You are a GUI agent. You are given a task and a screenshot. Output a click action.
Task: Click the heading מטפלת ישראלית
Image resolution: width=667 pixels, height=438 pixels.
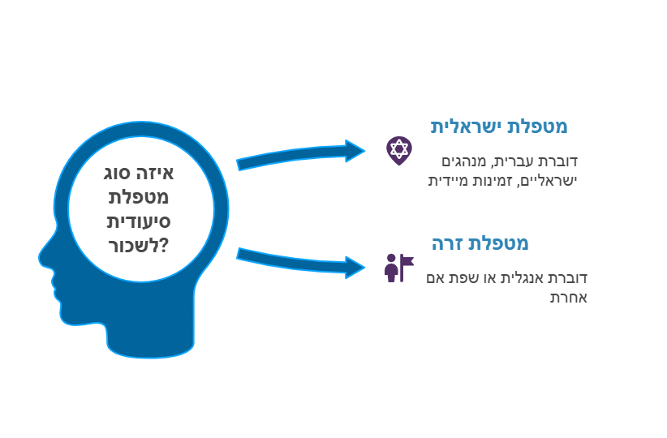tap(499, 127)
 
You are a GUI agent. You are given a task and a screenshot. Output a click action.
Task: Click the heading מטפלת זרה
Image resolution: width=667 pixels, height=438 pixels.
tap(480, 243)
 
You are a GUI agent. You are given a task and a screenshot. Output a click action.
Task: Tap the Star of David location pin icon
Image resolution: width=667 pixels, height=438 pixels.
tap(399, 151)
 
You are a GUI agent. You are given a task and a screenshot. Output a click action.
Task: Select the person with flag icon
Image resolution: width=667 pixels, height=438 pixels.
tap(398, 268)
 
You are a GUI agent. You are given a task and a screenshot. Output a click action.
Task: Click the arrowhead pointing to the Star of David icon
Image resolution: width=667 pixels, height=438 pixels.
tap(355, 151)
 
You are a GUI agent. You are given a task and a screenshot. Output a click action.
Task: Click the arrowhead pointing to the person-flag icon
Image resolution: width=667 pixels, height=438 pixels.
tap(355, 268)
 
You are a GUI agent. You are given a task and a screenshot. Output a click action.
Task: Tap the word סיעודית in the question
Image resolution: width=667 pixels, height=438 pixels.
tap(138, 221)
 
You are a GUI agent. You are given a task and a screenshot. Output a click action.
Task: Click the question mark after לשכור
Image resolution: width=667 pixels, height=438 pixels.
tap(164, 246)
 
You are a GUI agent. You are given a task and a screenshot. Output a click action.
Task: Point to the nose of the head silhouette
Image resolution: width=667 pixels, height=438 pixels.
tap(42, 256)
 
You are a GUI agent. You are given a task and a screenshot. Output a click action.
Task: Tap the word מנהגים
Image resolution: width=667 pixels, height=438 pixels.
tap(463, 161)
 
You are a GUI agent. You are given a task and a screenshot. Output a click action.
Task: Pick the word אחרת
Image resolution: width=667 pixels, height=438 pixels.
tap(569, 297)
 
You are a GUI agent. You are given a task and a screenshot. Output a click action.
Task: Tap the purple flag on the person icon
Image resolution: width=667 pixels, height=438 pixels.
tap(407, 261)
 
